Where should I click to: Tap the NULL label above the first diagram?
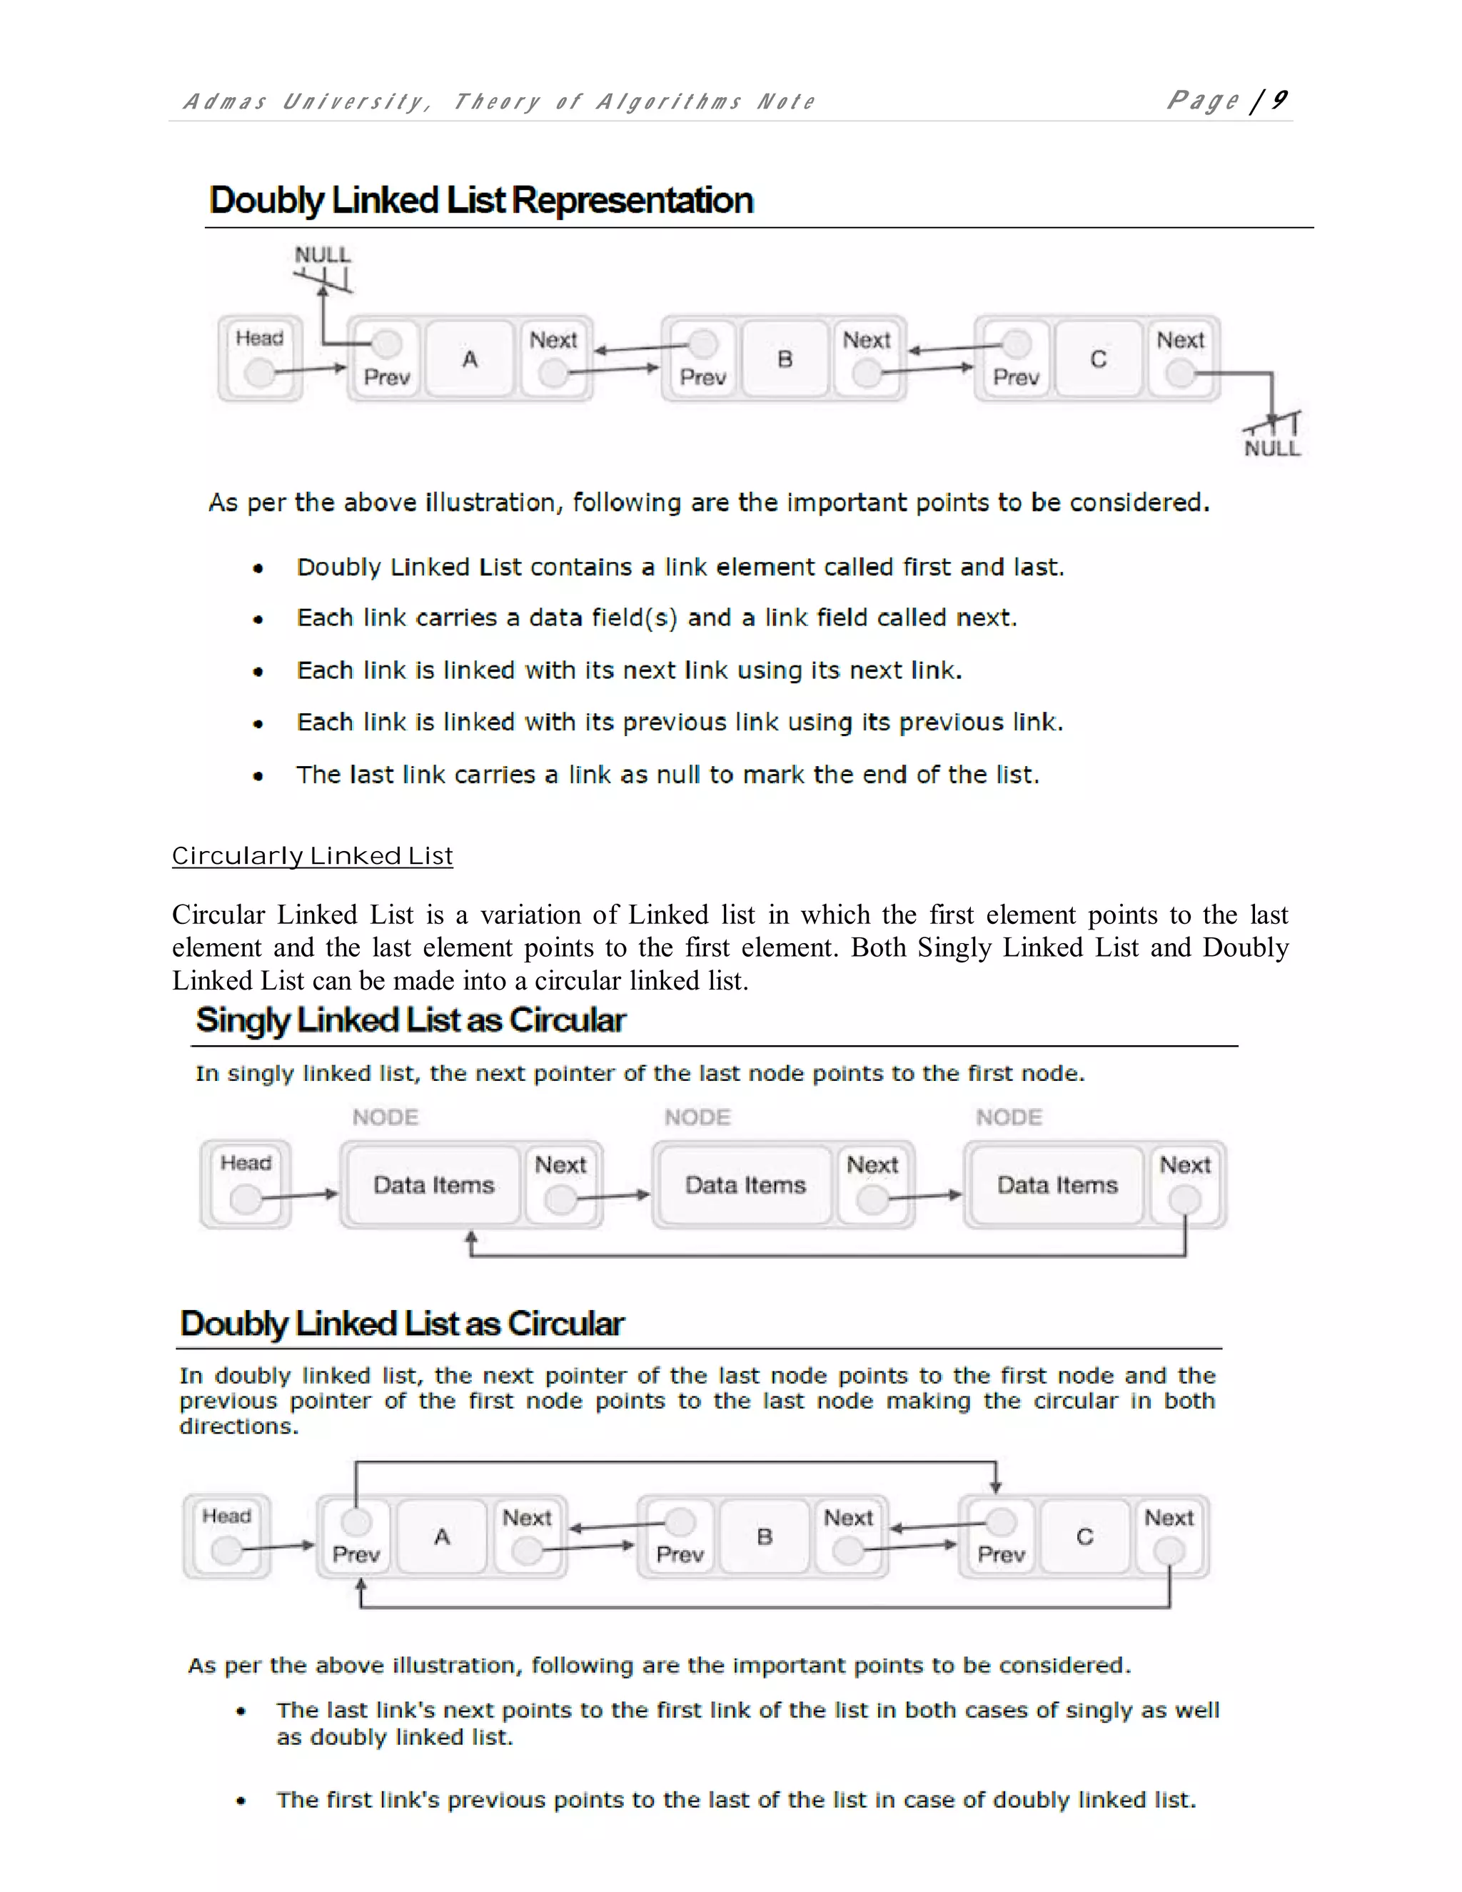pos(322,255)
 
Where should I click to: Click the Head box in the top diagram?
pos(260,358)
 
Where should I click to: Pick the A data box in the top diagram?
pos(470,358)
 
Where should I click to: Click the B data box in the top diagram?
pos(785,358)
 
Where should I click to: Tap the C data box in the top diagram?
pos(1098,358)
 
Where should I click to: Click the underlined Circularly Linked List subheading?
pos(312,856)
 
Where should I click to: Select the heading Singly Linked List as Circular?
pos(410,1020)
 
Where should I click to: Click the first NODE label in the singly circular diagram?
pos(385,1117)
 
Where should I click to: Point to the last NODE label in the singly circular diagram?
pos(1009,1117)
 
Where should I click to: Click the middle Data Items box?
pos(745,1184)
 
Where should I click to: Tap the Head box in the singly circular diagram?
pos(246,1183)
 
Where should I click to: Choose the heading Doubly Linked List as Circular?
pos(402,1324)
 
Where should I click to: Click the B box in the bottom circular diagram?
pos(764,1536)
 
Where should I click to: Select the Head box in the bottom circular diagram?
pos(227,1535)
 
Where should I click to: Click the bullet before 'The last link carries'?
pos(258,776)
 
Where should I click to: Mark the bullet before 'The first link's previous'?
pos(241,1801)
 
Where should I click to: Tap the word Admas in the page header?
pos(224,102)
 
